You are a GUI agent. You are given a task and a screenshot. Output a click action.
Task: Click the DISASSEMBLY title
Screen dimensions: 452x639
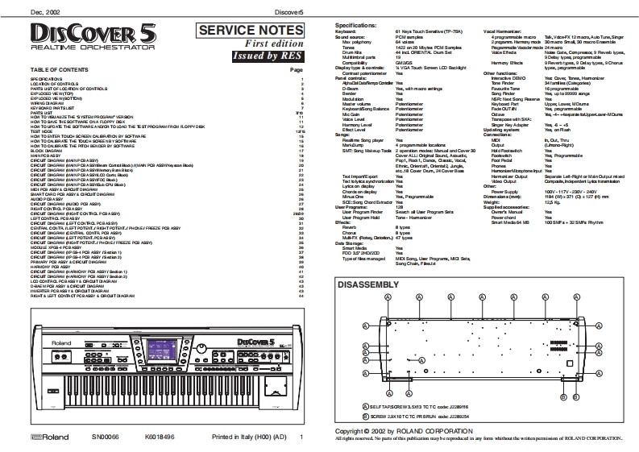(367, 284)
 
